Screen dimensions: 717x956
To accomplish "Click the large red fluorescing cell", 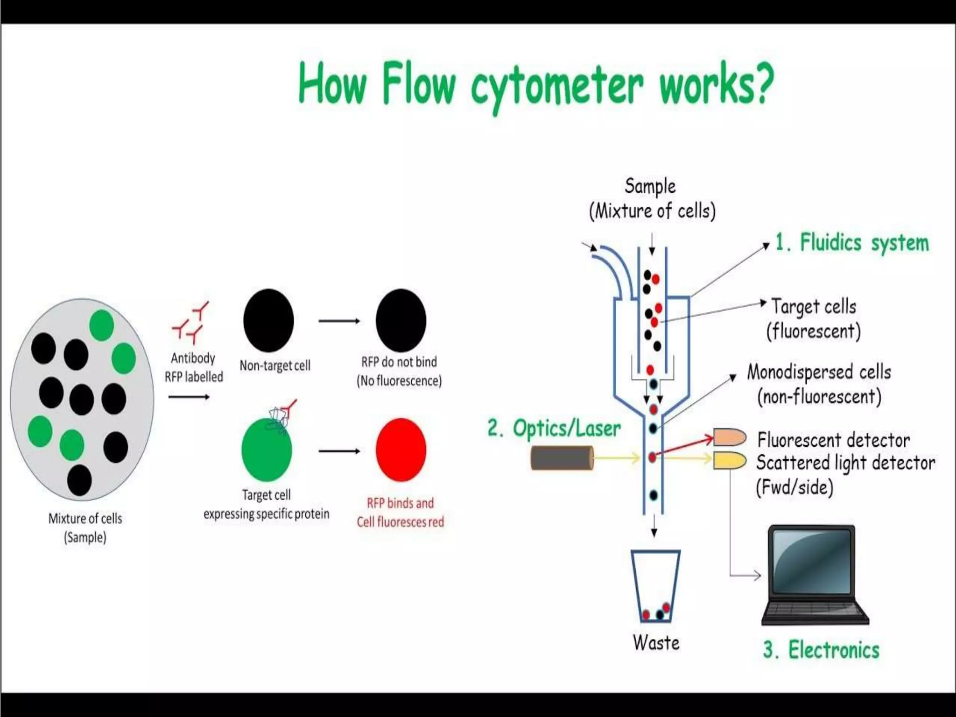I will (401, 450).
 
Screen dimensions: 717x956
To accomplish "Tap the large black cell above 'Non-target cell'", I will (268, 320).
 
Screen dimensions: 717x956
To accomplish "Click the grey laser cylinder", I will (562, 458).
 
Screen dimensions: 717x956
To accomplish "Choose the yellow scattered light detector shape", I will (729, 460).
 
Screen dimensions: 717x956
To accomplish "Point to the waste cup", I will (655, 586).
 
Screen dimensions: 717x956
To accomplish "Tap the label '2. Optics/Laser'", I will (554, 429).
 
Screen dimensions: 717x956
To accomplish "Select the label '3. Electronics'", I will (821, 650).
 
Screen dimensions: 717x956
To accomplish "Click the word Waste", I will (656, 643).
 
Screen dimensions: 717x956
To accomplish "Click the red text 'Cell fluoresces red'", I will (401, 522).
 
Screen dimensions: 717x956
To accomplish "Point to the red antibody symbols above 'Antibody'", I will (190, 321).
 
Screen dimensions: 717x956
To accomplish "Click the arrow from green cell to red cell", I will (339, 451).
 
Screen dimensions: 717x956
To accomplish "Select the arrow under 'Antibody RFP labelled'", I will (189, 397).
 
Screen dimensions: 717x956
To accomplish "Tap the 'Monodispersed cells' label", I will (819, 373).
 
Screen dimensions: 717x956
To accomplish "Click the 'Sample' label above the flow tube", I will (650, 186).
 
